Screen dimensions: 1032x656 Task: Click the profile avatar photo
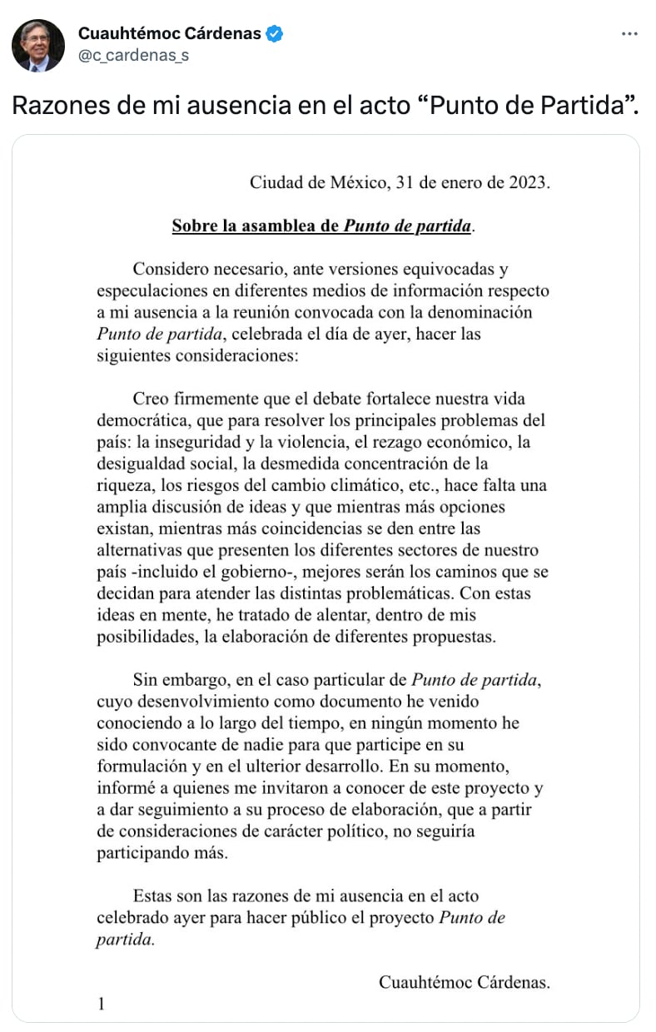pyautogui.click(x=37, y=45)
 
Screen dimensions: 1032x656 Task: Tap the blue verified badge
pyautogui.click(x=275, y=34)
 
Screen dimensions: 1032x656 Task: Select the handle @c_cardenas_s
pyautogui.click(x=133, y=56)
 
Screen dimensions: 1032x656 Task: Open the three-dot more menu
pyautogui.click(x=630, y=34)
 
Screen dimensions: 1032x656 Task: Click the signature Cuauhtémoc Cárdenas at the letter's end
pyautogui.click(x=464, y=982)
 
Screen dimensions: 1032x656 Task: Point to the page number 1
pyautogui.click(x=102, y=1004)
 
